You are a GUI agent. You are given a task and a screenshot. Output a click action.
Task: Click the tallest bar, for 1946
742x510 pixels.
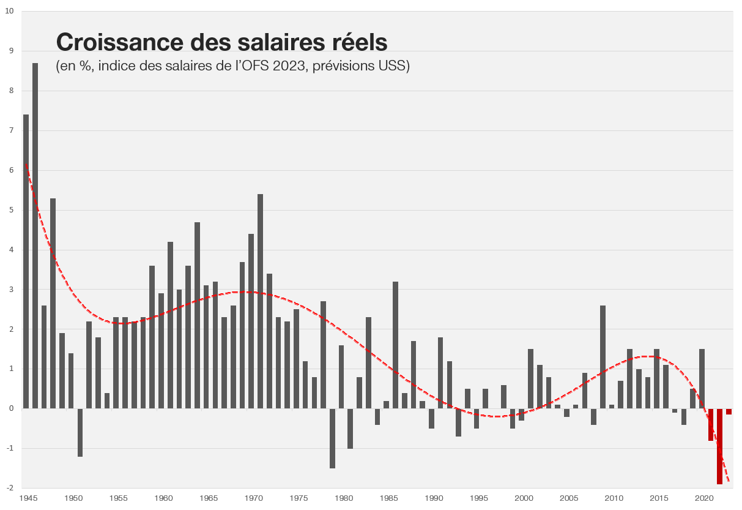[35, 236]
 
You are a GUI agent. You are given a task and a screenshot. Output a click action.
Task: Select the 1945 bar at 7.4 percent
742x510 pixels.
[26, 261]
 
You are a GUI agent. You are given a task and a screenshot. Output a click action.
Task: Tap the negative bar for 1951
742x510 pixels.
[80, 432]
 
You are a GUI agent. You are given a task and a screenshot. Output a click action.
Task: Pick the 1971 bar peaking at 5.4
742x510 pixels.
[260, 301]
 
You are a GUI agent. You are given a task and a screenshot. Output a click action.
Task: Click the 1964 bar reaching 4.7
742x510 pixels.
[197, 315]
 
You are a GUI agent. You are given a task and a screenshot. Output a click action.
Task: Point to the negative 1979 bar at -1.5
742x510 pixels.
[332, 438]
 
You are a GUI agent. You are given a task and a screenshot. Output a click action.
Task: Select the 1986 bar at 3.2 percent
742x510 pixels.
[395, 345]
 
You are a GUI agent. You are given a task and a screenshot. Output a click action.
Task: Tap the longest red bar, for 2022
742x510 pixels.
[719, 446]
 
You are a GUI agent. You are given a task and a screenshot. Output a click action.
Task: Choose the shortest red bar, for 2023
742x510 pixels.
[729, 411]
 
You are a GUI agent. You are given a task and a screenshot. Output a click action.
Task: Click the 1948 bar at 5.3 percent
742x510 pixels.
[53, 303]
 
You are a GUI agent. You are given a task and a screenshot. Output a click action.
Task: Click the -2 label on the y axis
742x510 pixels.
[9, 488]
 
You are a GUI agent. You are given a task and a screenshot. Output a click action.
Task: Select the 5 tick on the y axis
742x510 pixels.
[10, 210]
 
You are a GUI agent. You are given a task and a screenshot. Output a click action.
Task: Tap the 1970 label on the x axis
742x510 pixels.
[253, 498]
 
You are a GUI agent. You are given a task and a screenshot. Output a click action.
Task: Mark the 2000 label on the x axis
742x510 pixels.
[524, 498]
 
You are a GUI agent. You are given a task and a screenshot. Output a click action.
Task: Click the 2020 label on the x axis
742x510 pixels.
[704, 498]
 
